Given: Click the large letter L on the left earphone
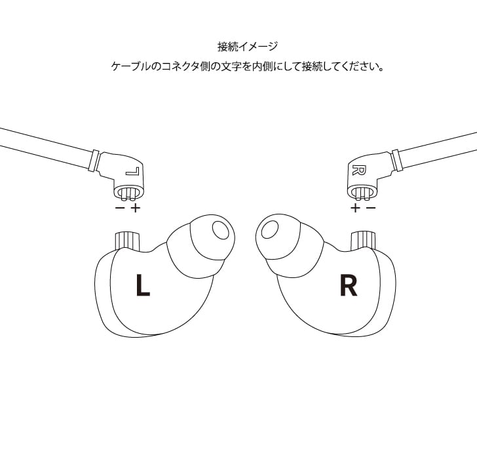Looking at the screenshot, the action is [142, 285].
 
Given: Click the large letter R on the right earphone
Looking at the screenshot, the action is [348, 285].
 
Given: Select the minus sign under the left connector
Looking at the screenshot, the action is [120, 208].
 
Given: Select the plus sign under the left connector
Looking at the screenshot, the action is [136, 208].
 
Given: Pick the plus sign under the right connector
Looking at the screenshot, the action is [355, 208].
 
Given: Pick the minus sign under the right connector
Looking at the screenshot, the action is [371, 208].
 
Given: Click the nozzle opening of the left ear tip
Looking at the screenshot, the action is [220, 231].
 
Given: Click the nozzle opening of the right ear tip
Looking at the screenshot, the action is [269, 229].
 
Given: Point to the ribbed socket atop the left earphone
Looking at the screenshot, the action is [128, 240].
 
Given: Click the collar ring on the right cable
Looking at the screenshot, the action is [396, 160].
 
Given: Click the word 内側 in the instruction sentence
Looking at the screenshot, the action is [261, 67].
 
